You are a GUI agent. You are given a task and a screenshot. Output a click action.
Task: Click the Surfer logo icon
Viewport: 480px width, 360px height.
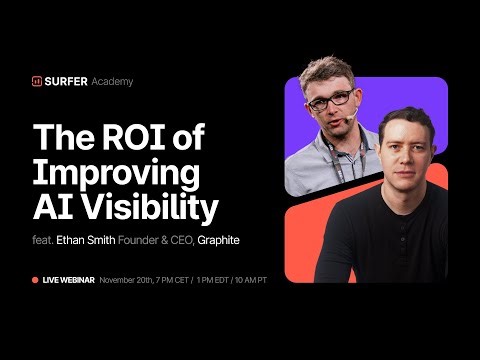coord(37,81)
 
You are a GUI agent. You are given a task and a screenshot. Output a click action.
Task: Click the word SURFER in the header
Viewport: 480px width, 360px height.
coord(67,81)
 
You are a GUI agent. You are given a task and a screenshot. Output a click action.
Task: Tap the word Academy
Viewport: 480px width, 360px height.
coord(113,81)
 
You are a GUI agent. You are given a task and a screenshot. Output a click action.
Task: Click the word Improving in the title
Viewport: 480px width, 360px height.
coord(116,173)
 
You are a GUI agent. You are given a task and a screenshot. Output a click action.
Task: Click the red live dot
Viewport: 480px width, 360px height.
coord(35,280)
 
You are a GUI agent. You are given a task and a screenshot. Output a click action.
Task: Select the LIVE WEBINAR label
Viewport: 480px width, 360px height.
coord(68,280)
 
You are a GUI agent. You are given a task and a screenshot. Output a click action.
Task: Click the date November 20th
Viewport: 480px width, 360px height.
coord(124,280)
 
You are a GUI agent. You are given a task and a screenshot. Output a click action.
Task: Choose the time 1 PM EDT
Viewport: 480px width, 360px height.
coord(223,280)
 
